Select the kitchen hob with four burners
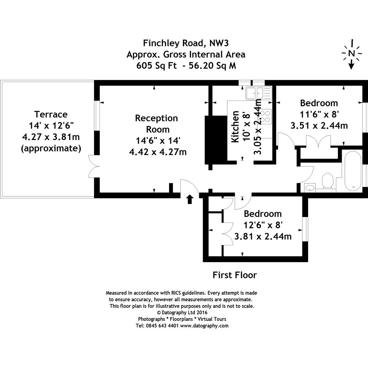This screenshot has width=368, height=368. (x=266, y=116)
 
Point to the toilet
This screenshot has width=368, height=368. (x=327, y=180)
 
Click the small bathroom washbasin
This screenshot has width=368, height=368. (x=310, y=187)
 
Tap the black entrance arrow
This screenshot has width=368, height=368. (x=190, y=199)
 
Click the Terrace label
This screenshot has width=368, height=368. (x=51, y=114)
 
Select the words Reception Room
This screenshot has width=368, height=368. (x=156, y=124)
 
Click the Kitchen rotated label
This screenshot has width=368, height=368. (x=235, y=127)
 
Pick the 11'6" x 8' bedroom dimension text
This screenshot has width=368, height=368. (x=319, y=114)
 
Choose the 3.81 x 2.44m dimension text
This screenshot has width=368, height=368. (x=263, y=236)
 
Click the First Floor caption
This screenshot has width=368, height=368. (x=234, y=275)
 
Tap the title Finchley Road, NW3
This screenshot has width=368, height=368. (x=185, y=43)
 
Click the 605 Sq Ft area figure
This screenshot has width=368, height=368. (x=156, y=66)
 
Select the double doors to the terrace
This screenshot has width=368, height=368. (x=94, y=166)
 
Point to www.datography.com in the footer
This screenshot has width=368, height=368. (x=204, y=325)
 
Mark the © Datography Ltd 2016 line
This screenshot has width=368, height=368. (x=182, y=312)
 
